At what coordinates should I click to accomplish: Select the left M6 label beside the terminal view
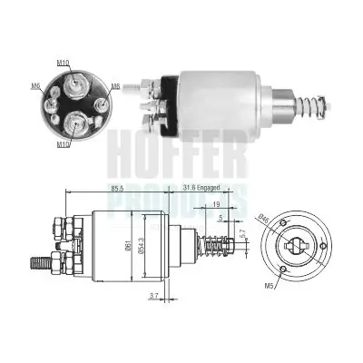click(35, 86)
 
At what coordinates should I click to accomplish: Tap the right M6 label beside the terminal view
click(114, 87)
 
